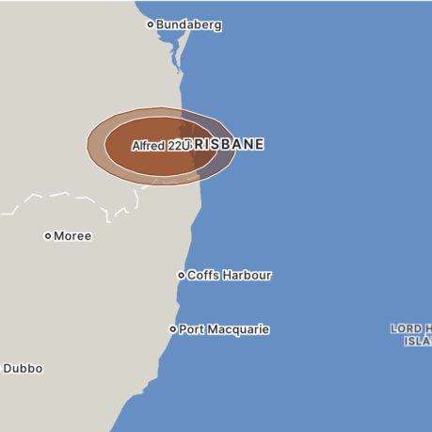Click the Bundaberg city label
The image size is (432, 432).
pos(188,25)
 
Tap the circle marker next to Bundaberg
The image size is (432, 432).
pos(150,24)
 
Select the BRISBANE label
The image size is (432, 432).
pos(226,145)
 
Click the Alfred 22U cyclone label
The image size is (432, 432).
pos(161,147)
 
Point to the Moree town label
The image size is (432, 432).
pos(72,236)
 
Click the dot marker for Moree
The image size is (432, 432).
pos(48,236)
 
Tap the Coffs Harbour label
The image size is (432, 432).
pos(229,276)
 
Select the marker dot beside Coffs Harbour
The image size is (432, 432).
pos(182,276)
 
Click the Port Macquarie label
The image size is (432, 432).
pos(224,330)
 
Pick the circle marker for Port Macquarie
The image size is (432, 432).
pos(172,329)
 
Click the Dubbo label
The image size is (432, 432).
pos(23,369)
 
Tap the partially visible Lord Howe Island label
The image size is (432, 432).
pos(412,335)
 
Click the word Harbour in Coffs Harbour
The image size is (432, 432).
pos(248,276)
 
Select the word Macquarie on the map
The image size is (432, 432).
pos(238,330)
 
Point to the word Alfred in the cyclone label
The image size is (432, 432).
pos(148,147)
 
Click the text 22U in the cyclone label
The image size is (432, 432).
pos(178,147)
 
